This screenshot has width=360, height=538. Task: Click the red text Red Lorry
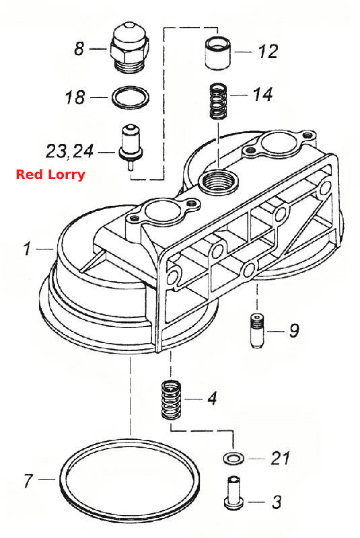coord(50,174)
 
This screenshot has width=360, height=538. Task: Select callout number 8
coord(79,48)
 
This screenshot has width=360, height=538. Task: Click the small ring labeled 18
coord(131,97)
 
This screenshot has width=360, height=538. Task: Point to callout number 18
coord(75,97)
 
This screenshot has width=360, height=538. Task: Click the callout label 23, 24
coord(69,151)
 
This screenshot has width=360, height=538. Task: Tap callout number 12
coord(267,52)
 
